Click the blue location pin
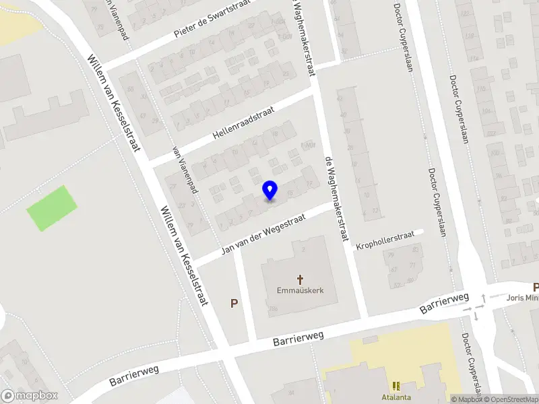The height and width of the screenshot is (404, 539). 269,191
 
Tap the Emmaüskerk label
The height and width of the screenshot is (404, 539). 300,292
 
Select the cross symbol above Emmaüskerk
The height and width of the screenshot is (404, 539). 300,279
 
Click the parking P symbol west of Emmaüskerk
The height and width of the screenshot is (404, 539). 234,304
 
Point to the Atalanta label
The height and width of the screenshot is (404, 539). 395,397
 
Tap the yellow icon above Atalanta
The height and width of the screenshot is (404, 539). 395,386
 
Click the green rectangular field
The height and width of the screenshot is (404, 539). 52,208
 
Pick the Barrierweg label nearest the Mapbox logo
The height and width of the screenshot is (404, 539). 135,376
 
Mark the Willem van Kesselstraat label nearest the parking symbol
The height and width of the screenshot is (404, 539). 182,255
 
